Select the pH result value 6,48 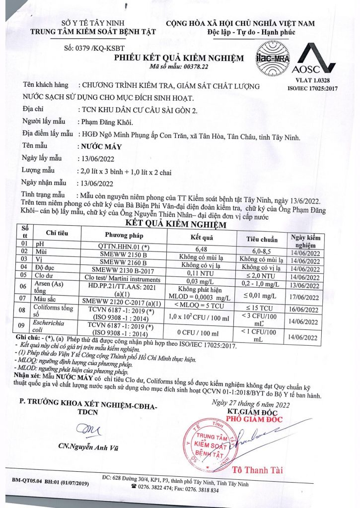click(x=201, y=249)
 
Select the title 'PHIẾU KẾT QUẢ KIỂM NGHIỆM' click(x=179, y=58)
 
